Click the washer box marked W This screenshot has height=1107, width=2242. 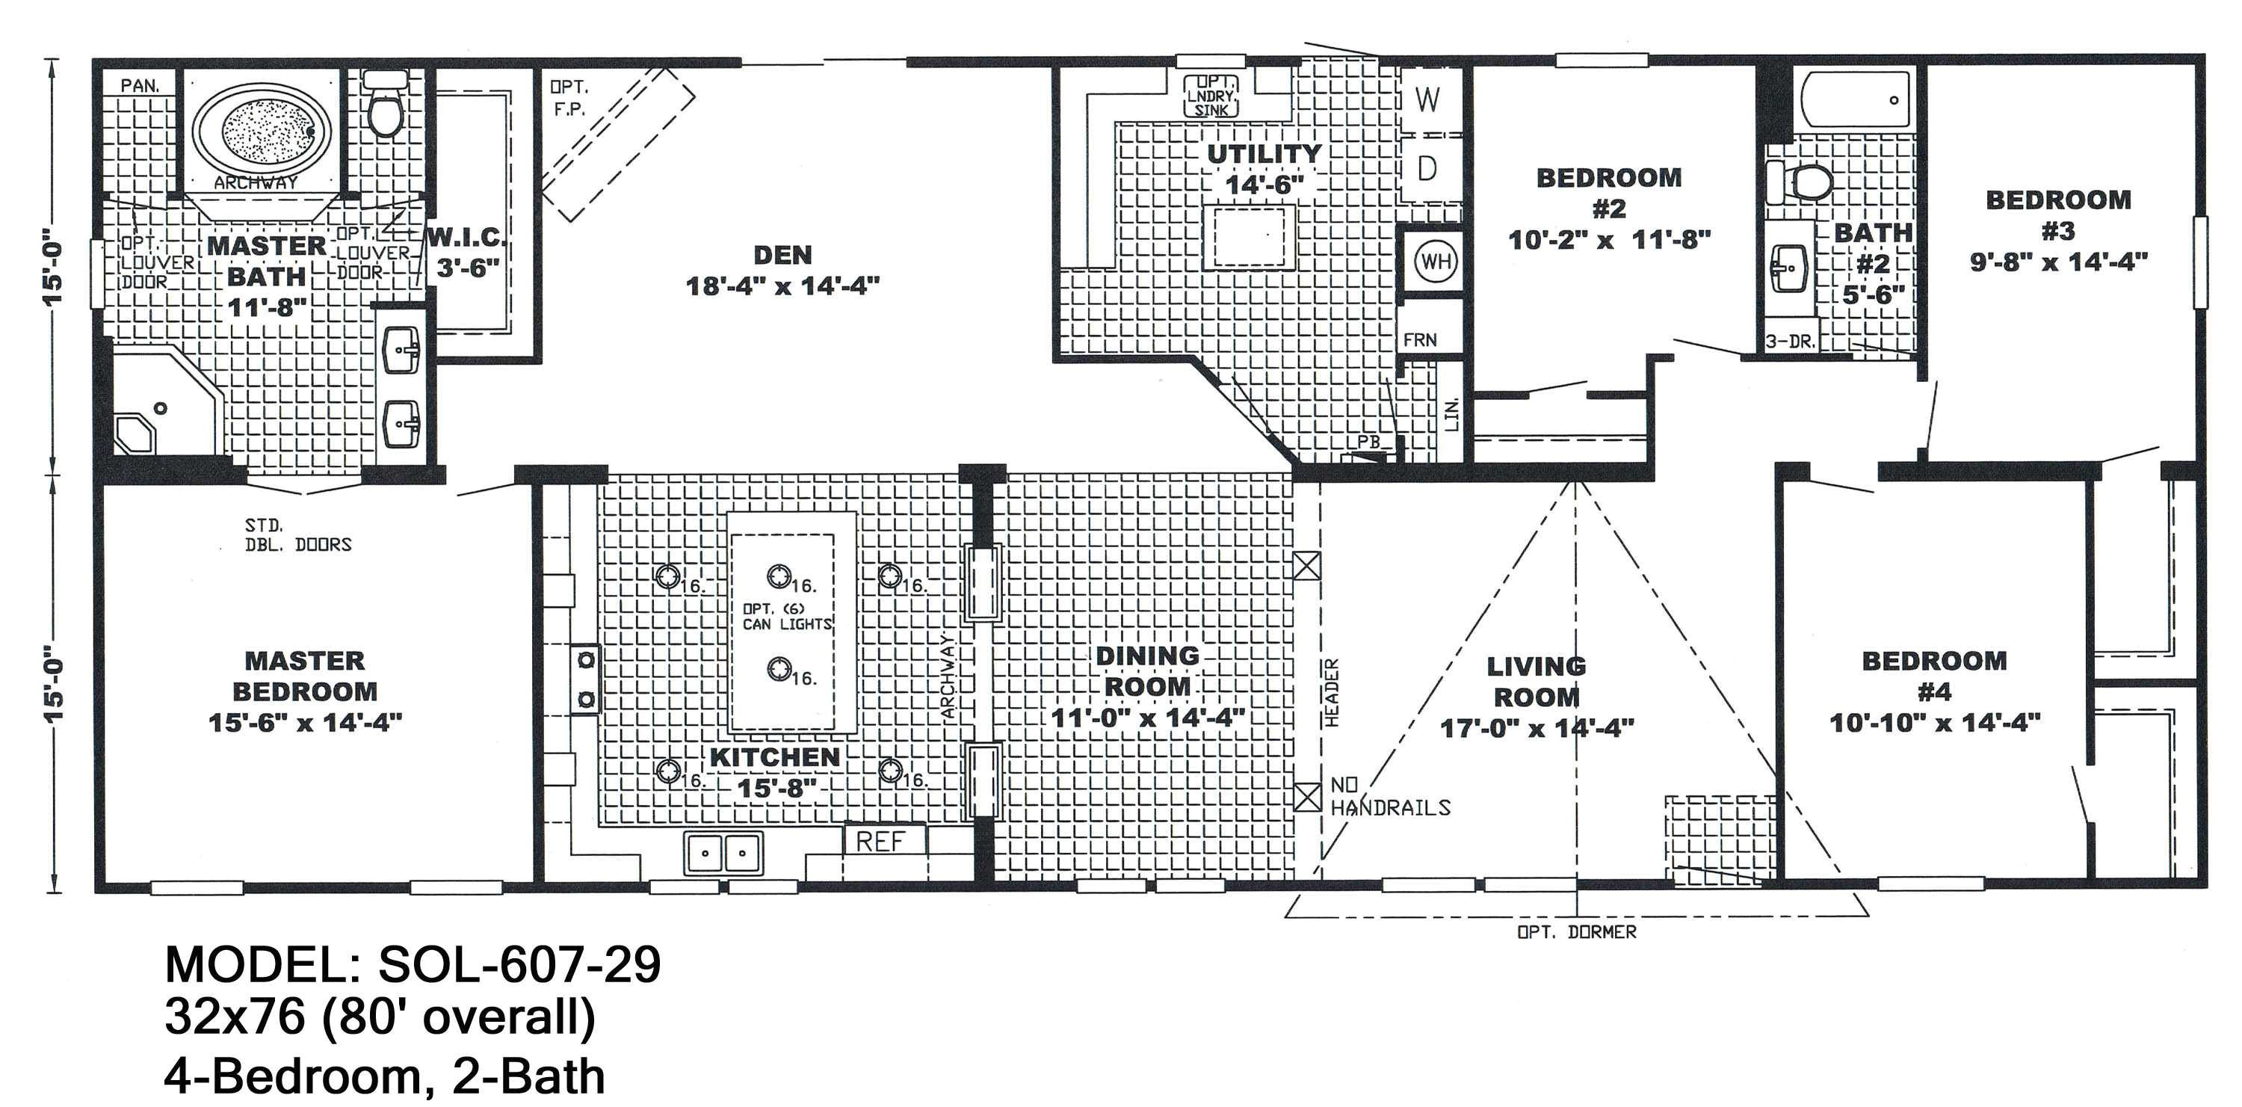pos(1427,100)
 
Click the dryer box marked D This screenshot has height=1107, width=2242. pos(1427,169)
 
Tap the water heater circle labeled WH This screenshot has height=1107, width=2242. pos(1434,261)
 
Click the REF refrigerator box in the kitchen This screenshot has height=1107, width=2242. pos(882,842)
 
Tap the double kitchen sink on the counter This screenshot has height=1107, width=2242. pos(723,853)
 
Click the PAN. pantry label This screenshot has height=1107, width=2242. pos(139,85)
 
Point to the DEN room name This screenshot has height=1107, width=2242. pos(782,255)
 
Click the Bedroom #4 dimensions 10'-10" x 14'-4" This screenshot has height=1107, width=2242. pos(1934,722)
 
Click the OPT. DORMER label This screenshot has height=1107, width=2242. pos(1576,932)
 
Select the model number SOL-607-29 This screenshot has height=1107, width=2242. pos(519,964)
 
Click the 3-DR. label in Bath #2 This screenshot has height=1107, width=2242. pos(1791,342)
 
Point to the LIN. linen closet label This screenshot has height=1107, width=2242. pos(1451,414)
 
